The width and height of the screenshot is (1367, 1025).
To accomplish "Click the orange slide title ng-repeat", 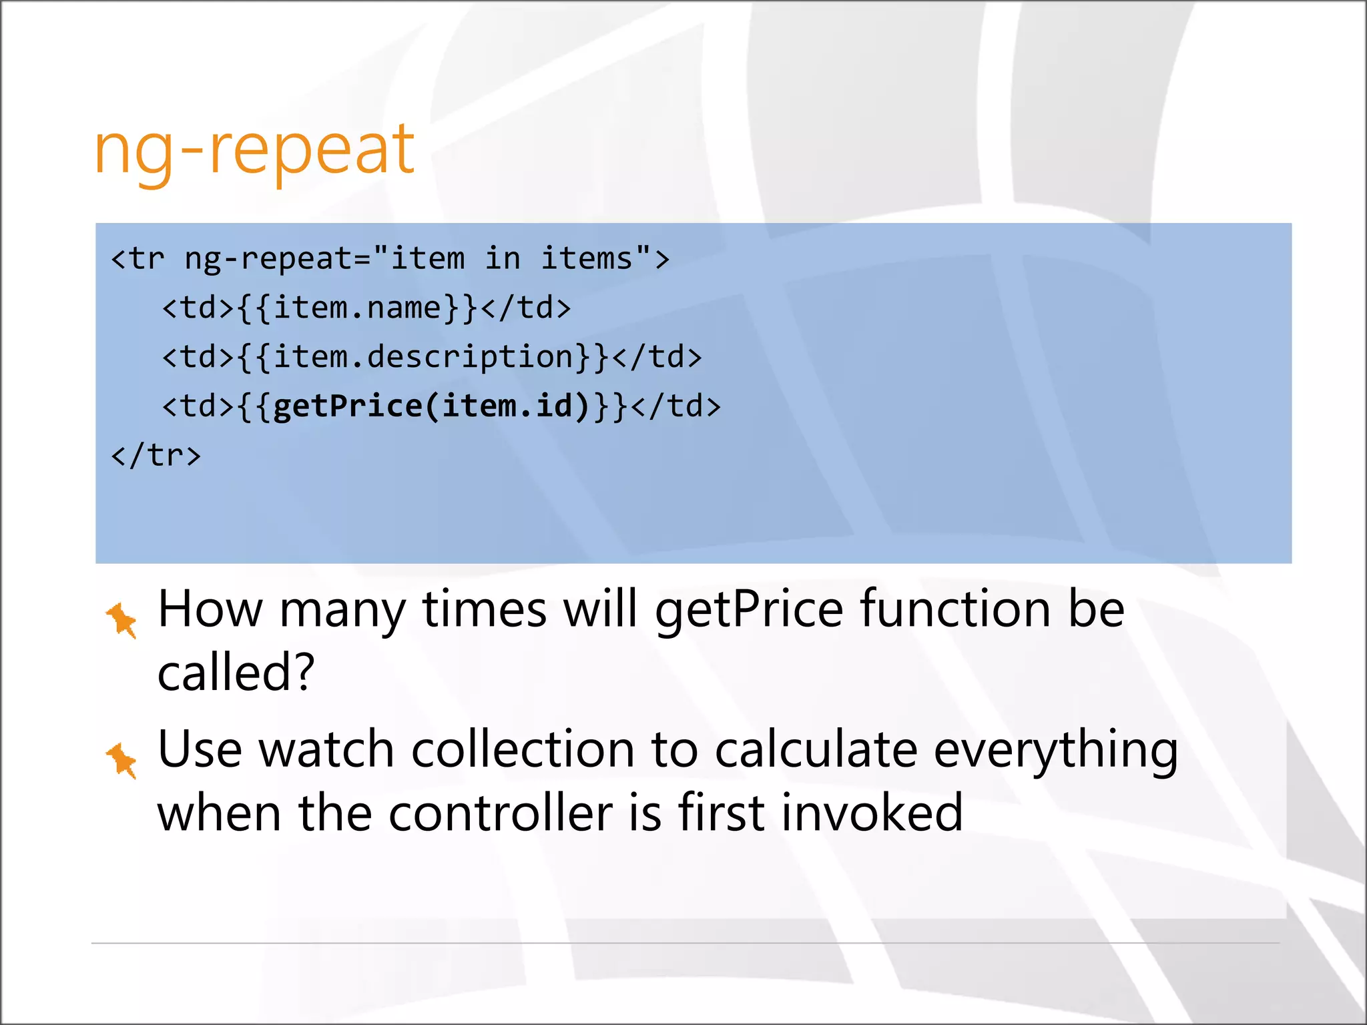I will point(254,150).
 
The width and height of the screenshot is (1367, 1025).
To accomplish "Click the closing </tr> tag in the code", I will point(156,455).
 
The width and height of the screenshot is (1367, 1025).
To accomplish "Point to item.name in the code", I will point(357,308).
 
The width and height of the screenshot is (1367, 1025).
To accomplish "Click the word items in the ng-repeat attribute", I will point(586,259).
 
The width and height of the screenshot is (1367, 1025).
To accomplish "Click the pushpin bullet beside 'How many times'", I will point(122,620).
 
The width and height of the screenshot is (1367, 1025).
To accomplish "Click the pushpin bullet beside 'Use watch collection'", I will point(122,760).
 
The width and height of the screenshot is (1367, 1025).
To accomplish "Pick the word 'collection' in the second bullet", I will point(523,749).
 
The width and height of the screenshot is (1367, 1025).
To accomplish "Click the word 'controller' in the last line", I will point(501,813).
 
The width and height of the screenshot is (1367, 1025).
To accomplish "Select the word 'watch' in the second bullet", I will point(326,749).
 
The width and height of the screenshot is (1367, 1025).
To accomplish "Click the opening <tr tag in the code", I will point(138,259).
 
